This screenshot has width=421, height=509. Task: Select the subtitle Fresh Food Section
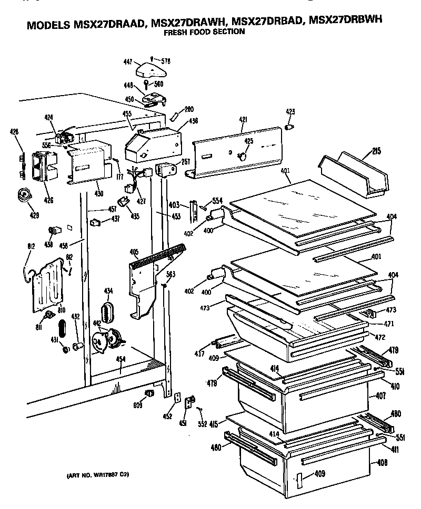203,32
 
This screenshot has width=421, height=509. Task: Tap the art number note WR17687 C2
97,475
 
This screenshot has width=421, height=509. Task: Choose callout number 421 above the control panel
243,120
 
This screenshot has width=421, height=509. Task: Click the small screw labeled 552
200,409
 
